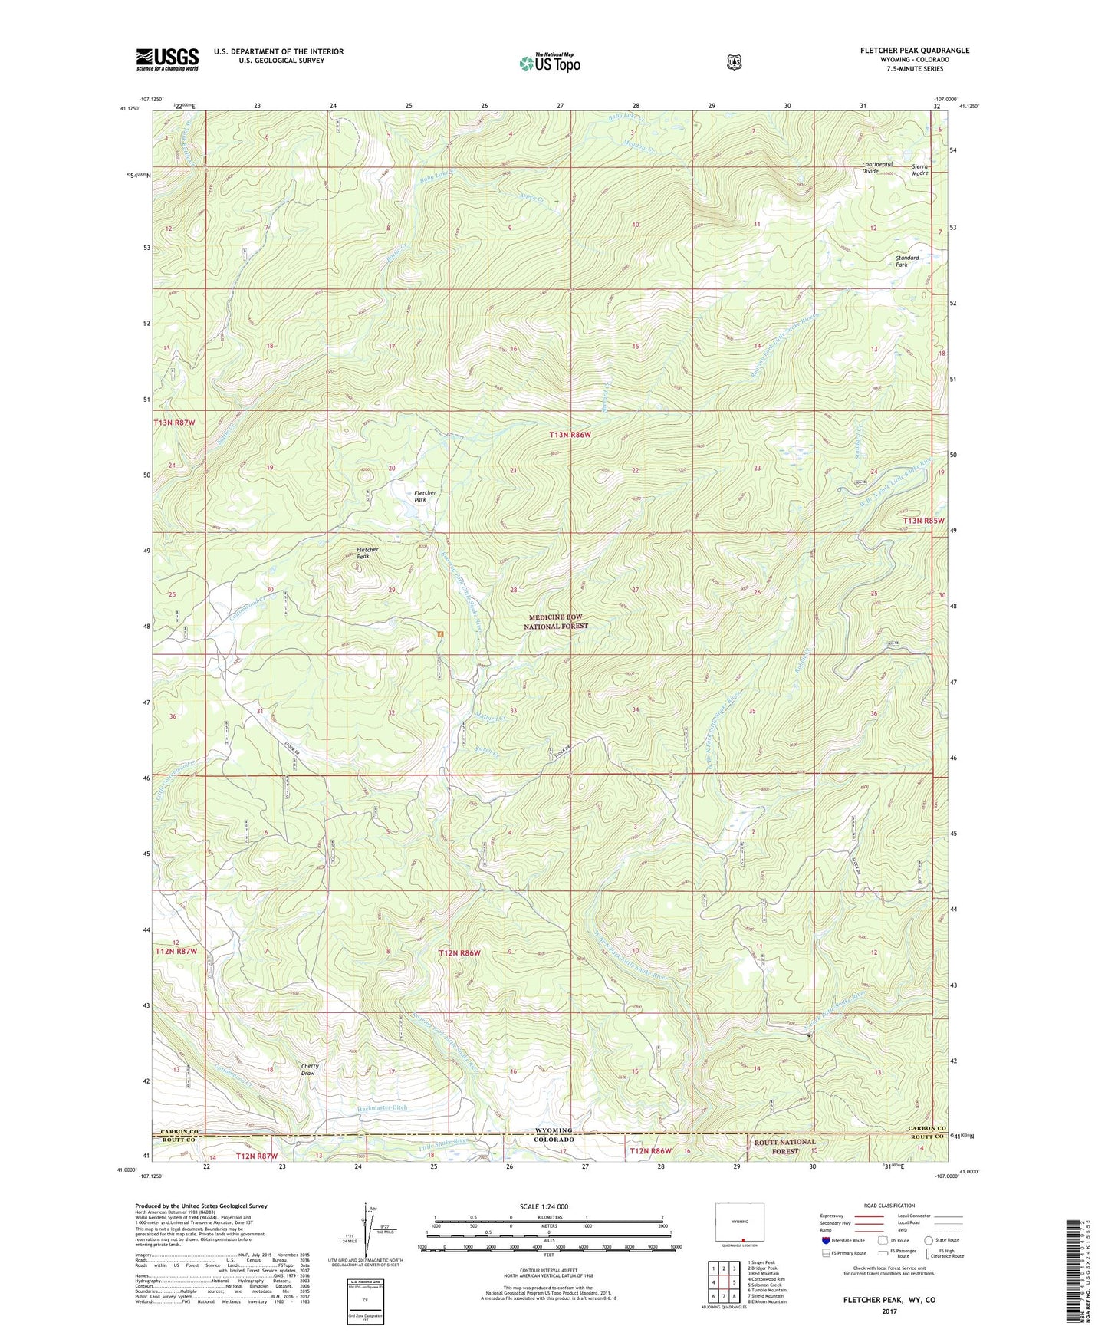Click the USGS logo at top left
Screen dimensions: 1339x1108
tap(167, 59)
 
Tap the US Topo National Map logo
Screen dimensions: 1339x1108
tap(548, 62)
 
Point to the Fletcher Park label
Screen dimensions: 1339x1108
tap(425, 496)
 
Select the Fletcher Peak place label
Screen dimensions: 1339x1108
tap(367, 552)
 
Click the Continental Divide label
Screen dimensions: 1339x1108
tap(876, 167)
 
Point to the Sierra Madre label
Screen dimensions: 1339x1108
tap(920, 169)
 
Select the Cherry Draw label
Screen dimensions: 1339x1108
tap(310, 1069)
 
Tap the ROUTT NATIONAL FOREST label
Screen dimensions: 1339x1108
tap(784, 1146)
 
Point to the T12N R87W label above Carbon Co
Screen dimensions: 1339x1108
tap(176, 951)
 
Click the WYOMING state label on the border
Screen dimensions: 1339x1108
tap(553, 1130)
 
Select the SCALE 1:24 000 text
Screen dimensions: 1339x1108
tap(544, 1206)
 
